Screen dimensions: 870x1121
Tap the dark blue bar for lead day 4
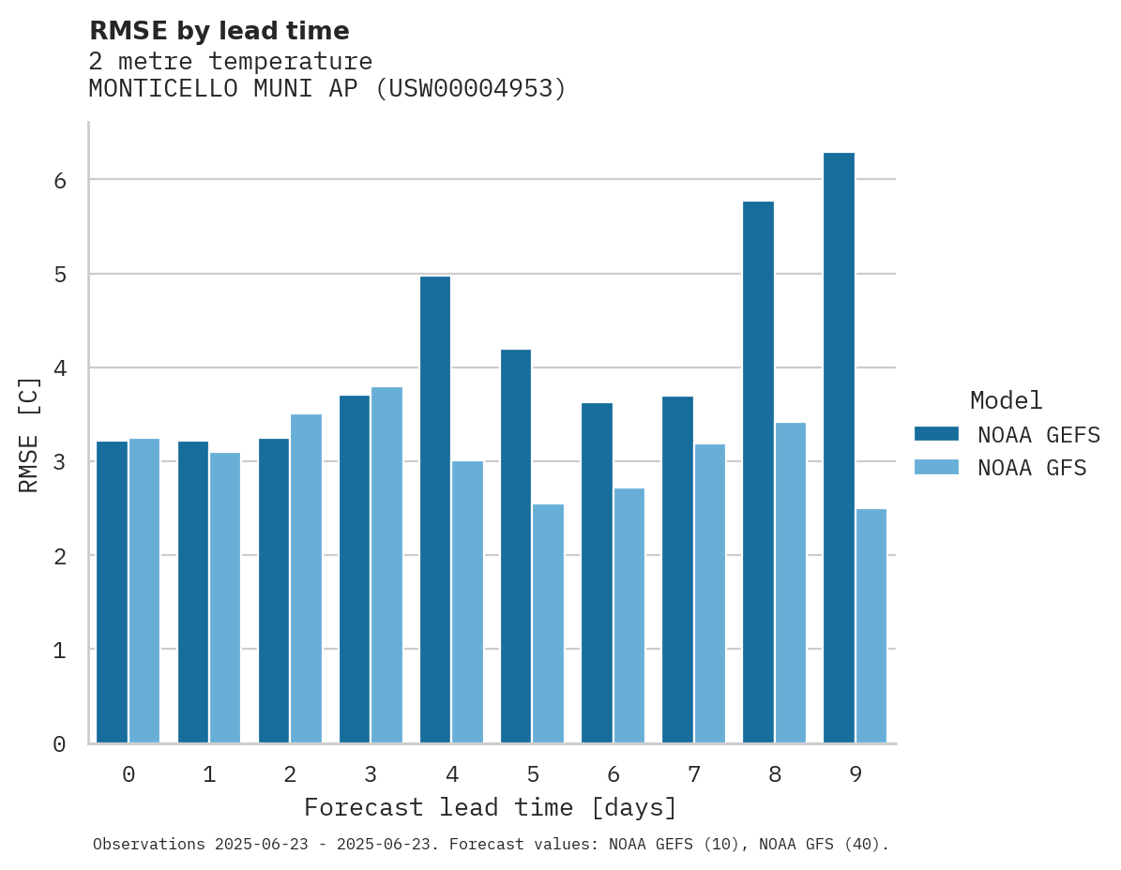(435, 510)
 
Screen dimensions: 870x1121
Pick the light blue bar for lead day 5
(548, 623)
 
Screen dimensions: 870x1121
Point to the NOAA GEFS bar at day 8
(758, 472)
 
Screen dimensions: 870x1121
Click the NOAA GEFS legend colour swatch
(936, 434)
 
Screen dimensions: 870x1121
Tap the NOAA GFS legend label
(1032, 468)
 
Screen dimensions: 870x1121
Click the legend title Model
(1006, 401)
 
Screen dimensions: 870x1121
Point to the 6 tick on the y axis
(60, 180)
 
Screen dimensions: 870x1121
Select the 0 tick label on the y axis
(60, 744)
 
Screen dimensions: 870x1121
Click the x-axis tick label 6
(614, 775)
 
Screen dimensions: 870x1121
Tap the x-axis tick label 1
(209, 775)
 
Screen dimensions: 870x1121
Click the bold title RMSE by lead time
(219, 31)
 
